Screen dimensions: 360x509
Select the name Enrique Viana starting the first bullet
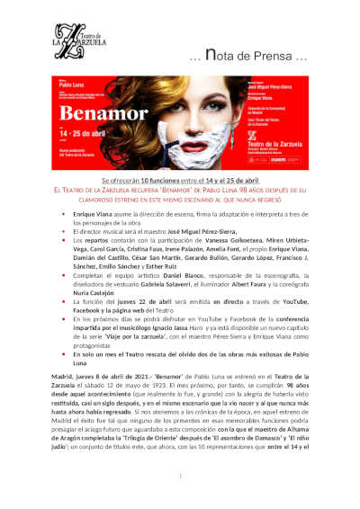tap(93, 218)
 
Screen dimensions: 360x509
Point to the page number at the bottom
tap(180, 477)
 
